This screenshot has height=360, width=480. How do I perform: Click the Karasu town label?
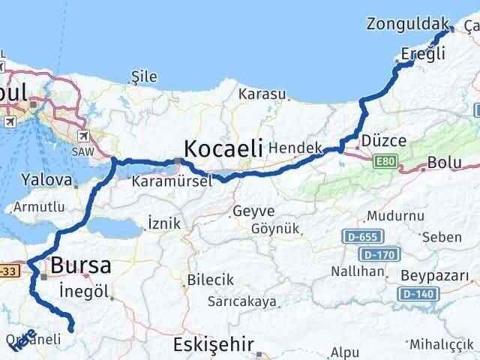point(262,94)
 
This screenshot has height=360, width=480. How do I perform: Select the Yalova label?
point(46,181)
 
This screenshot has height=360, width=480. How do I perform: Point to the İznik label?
point(166,223)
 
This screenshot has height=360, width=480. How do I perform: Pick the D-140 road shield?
point(417,293)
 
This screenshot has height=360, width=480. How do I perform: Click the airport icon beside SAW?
point(82,136)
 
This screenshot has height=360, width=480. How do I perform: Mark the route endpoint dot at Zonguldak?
point(451,30)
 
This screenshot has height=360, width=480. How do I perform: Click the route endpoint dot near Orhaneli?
point(71,328)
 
